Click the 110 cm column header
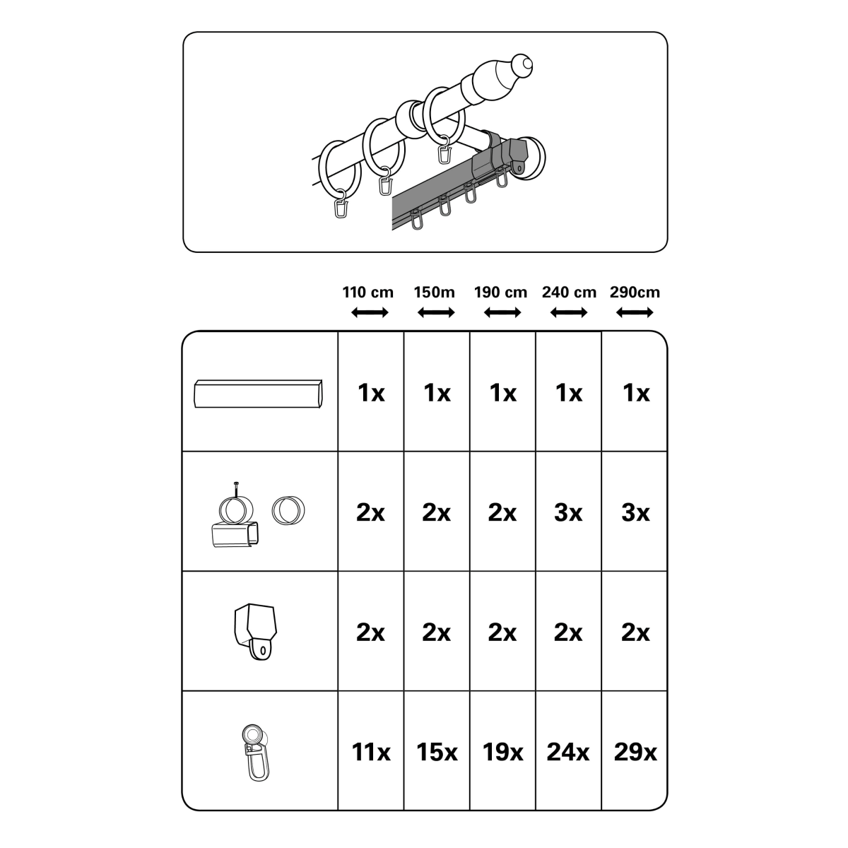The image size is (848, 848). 368,292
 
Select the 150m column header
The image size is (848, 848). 434,292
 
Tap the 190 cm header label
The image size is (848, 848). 500,292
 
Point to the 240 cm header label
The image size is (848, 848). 569,292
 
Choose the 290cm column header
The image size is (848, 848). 635,292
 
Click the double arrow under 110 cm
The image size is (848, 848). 370,313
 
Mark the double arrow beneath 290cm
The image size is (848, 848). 635,313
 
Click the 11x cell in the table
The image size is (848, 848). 370,752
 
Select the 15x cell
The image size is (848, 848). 437,752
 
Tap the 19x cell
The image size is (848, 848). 502,752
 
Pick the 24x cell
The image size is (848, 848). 567,752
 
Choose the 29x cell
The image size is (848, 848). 635,752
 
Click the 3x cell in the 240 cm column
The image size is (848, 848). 568,512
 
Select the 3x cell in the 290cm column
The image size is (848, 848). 635,512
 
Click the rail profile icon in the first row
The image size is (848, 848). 258,394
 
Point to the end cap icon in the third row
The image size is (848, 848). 255,632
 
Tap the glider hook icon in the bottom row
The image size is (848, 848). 256,753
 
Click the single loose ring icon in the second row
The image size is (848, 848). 288,510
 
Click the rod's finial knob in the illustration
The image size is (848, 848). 524,65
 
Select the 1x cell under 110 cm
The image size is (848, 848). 371,392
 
